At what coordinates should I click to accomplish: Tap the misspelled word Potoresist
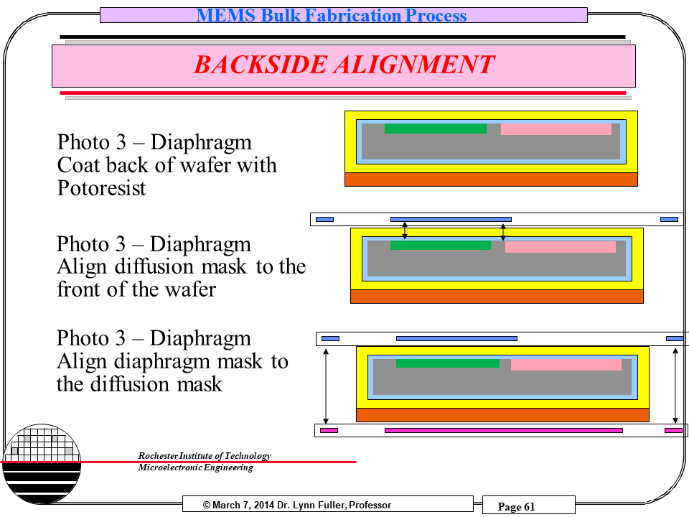pyautogui.click(x=101, y=188)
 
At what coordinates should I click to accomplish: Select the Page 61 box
pyautogui.click(x=517, y=506)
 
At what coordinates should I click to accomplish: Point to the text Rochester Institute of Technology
pyautogui.click(x=204, y=456)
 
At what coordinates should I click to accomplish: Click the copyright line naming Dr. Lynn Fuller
pyautogui.click(x=297, y=505)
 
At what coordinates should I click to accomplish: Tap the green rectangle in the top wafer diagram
pyautogui.click(x=435, y=129)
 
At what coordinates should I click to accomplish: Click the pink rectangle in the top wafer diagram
pyautogui.click(x=556, y=129)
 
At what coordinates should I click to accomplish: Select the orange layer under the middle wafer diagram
pyautogui.click(x=497, y=296)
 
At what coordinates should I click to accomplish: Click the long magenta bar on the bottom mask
pyautogui.click(x=503, y=430)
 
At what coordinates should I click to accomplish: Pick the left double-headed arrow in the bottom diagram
pyautogui.click(x=327, y=386)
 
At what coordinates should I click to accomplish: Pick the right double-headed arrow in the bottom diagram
pyautogui.click(x=675, y=386)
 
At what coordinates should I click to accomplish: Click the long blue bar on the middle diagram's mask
pyautogui.click(x=451, y=219)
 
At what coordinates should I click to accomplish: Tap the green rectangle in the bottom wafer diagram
pyautogui.click(x=447, y=363)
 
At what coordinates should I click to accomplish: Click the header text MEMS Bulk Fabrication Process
pyautogui.click(x=332, y=15)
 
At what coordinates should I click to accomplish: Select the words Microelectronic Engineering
pyautogui.click(x=195, y=468)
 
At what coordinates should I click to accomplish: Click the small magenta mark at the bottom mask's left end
pyautogui.click(x=329, y=430)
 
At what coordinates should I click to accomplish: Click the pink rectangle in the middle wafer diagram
pyautogui.click(x=560, y=247)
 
